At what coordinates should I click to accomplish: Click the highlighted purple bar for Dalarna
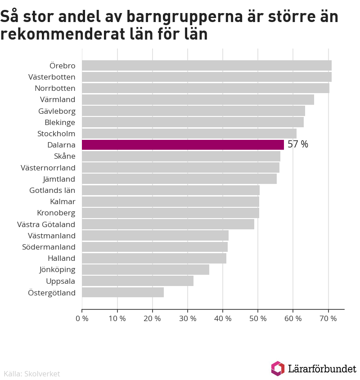coord(183,145)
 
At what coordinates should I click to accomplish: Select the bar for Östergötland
coord(123,292)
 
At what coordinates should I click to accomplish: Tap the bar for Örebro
coord(207,66)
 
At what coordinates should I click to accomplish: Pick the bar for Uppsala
coord(138,281)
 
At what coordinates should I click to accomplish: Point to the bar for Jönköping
coord(145,270)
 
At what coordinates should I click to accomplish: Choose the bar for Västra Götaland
coord(168,224)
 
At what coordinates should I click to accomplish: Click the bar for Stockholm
coord(189,134)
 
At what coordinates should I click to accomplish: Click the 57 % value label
coord(298,145)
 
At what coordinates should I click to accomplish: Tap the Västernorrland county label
coord(48,168)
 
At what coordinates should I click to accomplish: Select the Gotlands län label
coord(52,190)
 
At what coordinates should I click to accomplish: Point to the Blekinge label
coord(60,122)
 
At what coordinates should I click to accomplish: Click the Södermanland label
coord(49,247)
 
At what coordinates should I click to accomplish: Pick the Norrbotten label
coord(55,88)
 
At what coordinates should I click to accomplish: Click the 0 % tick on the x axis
coord(82,319)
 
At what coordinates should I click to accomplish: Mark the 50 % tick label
coord(258,319)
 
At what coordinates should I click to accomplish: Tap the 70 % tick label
coord(328,319)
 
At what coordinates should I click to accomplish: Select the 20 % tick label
coord(152,319)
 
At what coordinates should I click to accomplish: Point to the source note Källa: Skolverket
coord(31,374)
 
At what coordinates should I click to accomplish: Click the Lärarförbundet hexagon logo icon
coord(278,368)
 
